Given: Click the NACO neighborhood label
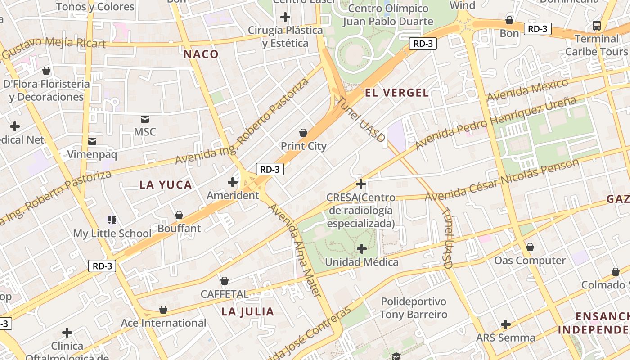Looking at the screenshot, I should (x=201, y=54).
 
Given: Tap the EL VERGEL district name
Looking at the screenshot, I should (x=396, y=93).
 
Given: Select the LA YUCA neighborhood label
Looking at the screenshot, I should (x=166, y=185).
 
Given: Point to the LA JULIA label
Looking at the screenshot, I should (x=248, y=311).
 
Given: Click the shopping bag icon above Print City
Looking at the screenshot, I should (x=303, y=133).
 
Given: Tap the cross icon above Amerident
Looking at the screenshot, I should (x=233, y=182).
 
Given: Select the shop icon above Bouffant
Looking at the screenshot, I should (x=179, y=215).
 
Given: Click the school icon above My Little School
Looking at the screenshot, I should (x=112, y=220).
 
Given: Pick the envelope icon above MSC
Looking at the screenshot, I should (x=145, y=119).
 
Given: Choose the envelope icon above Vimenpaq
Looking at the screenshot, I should (x=92, y=141).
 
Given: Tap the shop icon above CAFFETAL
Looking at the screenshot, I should (x=225, y=281).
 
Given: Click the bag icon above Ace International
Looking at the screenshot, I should (x=163, y=310).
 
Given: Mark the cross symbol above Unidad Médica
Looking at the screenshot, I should (x=362, y=249).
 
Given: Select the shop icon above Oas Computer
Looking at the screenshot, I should (x=530, y=247).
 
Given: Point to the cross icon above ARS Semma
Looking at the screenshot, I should (x=506, y=324).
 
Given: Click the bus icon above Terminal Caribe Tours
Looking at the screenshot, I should (x=597, y=26).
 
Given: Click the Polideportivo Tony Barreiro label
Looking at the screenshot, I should (x=414, y=308).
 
